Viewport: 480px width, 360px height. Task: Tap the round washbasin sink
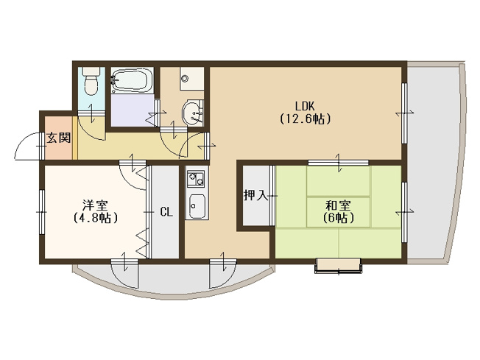click(193, 113)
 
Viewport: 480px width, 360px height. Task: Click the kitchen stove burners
click(197, 179)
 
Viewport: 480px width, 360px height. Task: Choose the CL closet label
click(166, 212)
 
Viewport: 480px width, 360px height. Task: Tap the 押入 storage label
click(255, 196)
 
